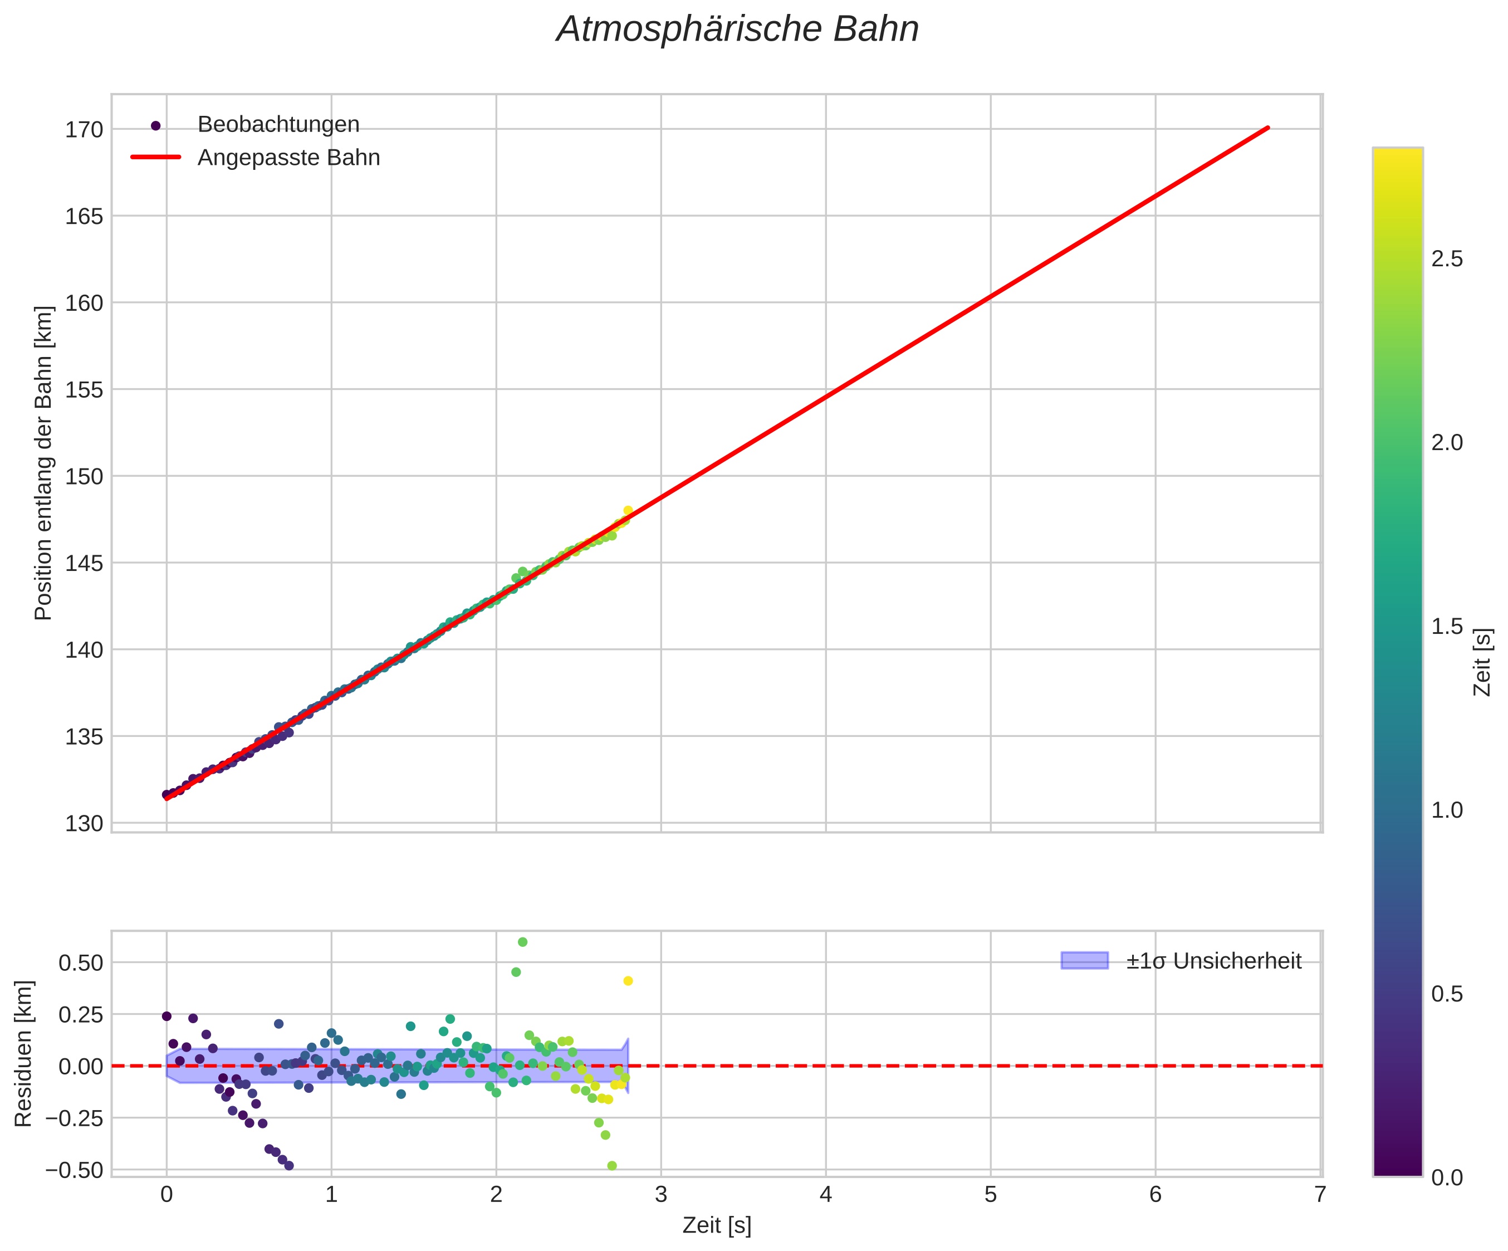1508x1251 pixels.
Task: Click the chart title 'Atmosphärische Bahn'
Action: coord(737,30)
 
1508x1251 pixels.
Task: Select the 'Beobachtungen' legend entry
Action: coord(278,125)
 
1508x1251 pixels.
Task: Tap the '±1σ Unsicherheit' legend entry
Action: coord(1213,961)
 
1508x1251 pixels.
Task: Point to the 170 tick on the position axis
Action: coord(84,130)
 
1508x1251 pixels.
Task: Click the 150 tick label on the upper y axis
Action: coord(84,477)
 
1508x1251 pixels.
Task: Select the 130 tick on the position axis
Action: coord(84,824)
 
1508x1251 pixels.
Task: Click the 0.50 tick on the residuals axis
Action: coord(80,962)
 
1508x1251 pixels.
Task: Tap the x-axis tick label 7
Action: coord(1320,1194)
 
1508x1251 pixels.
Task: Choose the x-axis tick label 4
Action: coord(826,1194)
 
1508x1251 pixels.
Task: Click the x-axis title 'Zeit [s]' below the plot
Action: coord(717,1226)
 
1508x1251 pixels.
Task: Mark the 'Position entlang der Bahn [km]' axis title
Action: coord(44,463)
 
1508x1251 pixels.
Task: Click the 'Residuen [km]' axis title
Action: coord(24,1053)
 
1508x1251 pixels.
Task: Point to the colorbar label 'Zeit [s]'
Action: coord(1482,662)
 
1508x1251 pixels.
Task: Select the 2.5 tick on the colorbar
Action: coord(1446,259)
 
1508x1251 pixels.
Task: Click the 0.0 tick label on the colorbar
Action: coord(1446,1177)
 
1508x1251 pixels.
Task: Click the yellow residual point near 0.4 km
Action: coord(628,981)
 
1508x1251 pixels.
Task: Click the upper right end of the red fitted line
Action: coord(1268,128)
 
